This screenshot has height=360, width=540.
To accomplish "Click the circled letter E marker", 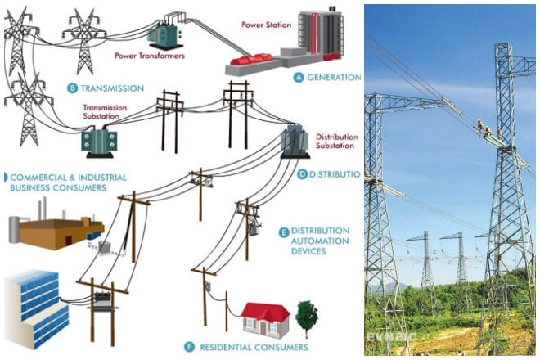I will pyautogui.click(x=284, y=232).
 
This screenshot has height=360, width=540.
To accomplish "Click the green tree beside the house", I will pyautogui.click(x=307, y=315).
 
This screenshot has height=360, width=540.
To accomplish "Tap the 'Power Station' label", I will pyautogui.click(x=266, y=25).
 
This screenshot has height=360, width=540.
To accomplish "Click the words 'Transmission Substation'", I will pyautogui.click(x=106, y=111).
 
